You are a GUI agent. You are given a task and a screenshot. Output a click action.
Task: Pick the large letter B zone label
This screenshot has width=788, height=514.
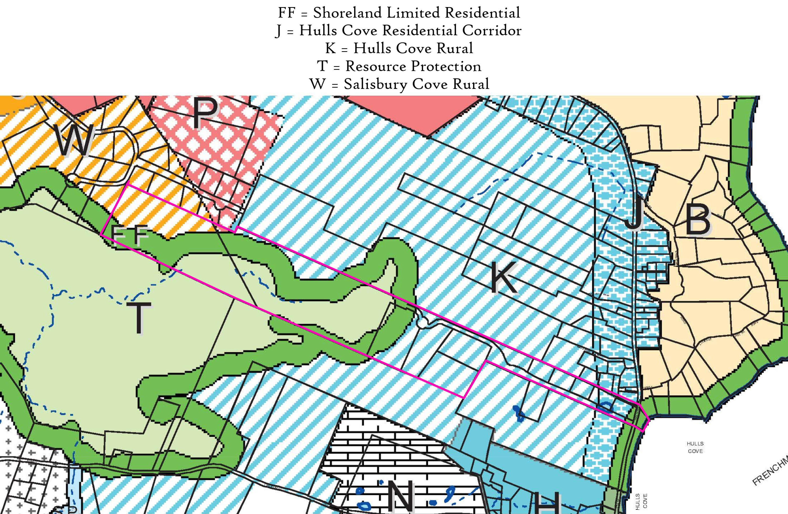click(698, 219)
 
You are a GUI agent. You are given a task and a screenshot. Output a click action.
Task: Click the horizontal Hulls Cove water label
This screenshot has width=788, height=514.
click(695, 447)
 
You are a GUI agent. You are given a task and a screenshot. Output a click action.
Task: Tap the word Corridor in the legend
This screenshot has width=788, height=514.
click(492, 30)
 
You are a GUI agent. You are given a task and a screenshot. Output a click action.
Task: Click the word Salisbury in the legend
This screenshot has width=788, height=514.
click(375, 84)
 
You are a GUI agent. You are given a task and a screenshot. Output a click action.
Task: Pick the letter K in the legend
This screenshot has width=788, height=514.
click(330, 48)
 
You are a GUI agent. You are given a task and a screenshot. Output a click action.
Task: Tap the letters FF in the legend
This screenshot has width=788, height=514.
click(286, 13)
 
